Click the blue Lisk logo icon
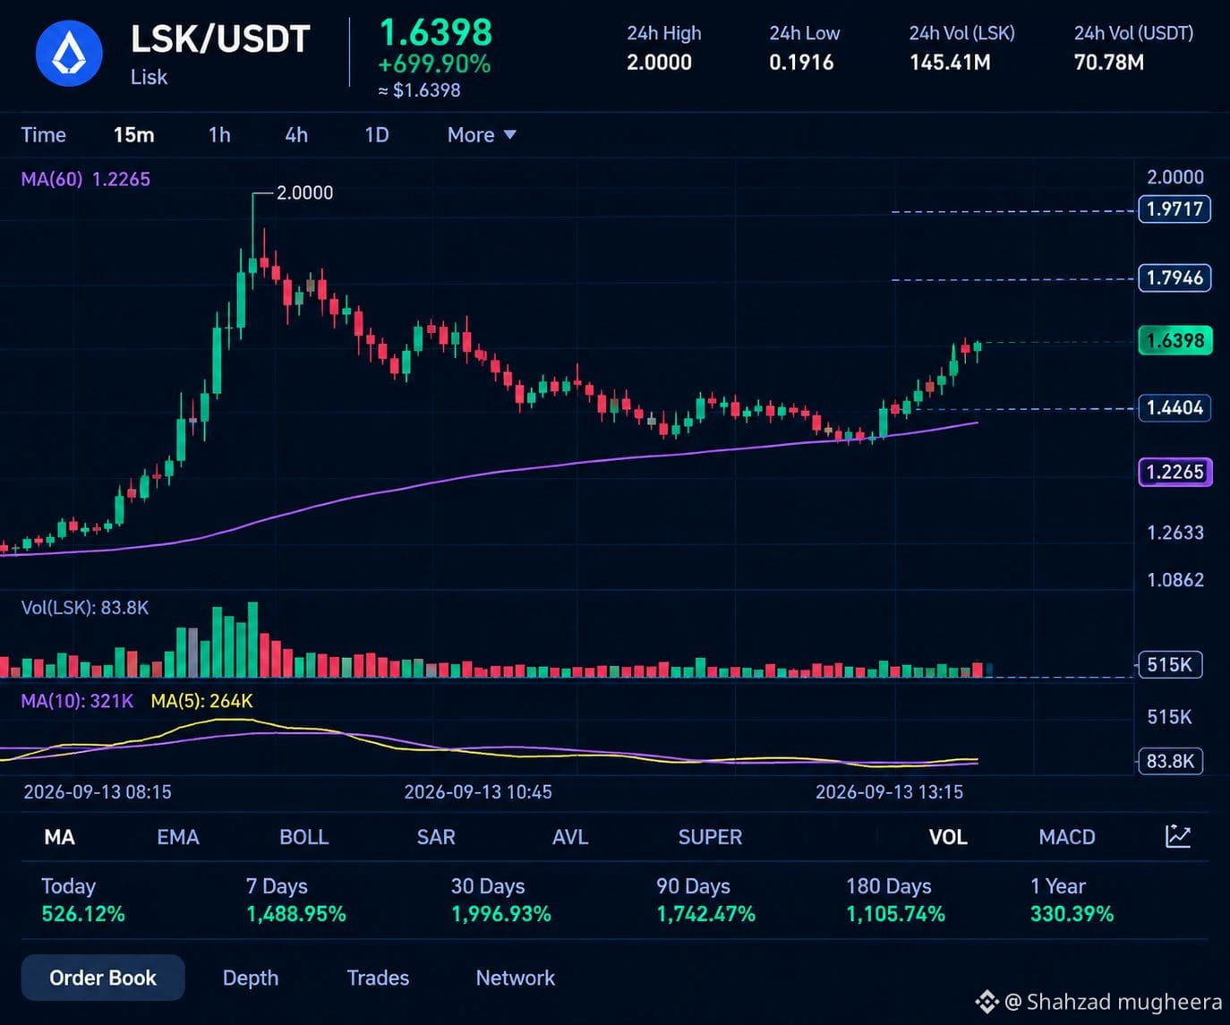[x=69, y=54]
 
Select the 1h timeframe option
[x=219, y=135]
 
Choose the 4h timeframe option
[x=296, y=135]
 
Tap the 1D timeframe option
[x=377, y=135]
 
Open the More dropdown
[x=482, y=135]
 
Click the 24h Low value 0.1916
[x=801, y=63]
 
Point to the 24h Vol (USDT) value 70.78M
[x=1108, y=63]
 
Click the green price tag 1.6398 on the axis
[x=1175, y=340]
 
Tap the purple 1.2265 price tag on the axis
[x=1175, y=472]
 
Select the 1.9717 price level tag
[x=1174, y=209]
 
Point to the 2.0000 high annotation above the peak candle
[x=304, y=192]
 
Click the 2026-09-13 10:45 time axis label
[x=478, y=791]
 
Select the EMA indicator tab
[x=178, y=837]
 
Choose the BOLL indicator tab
[x=304, y=837]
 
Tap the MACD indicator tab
[x=1067, y=837]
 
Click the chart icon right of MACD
[x=1178, y=836]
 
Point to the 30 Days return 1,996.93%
[x=501, y=914]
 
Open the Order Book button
[x=103, y=978]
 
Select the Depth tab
[x=251, y=978]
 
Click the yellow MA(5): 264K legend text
[x=201, y=701]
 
